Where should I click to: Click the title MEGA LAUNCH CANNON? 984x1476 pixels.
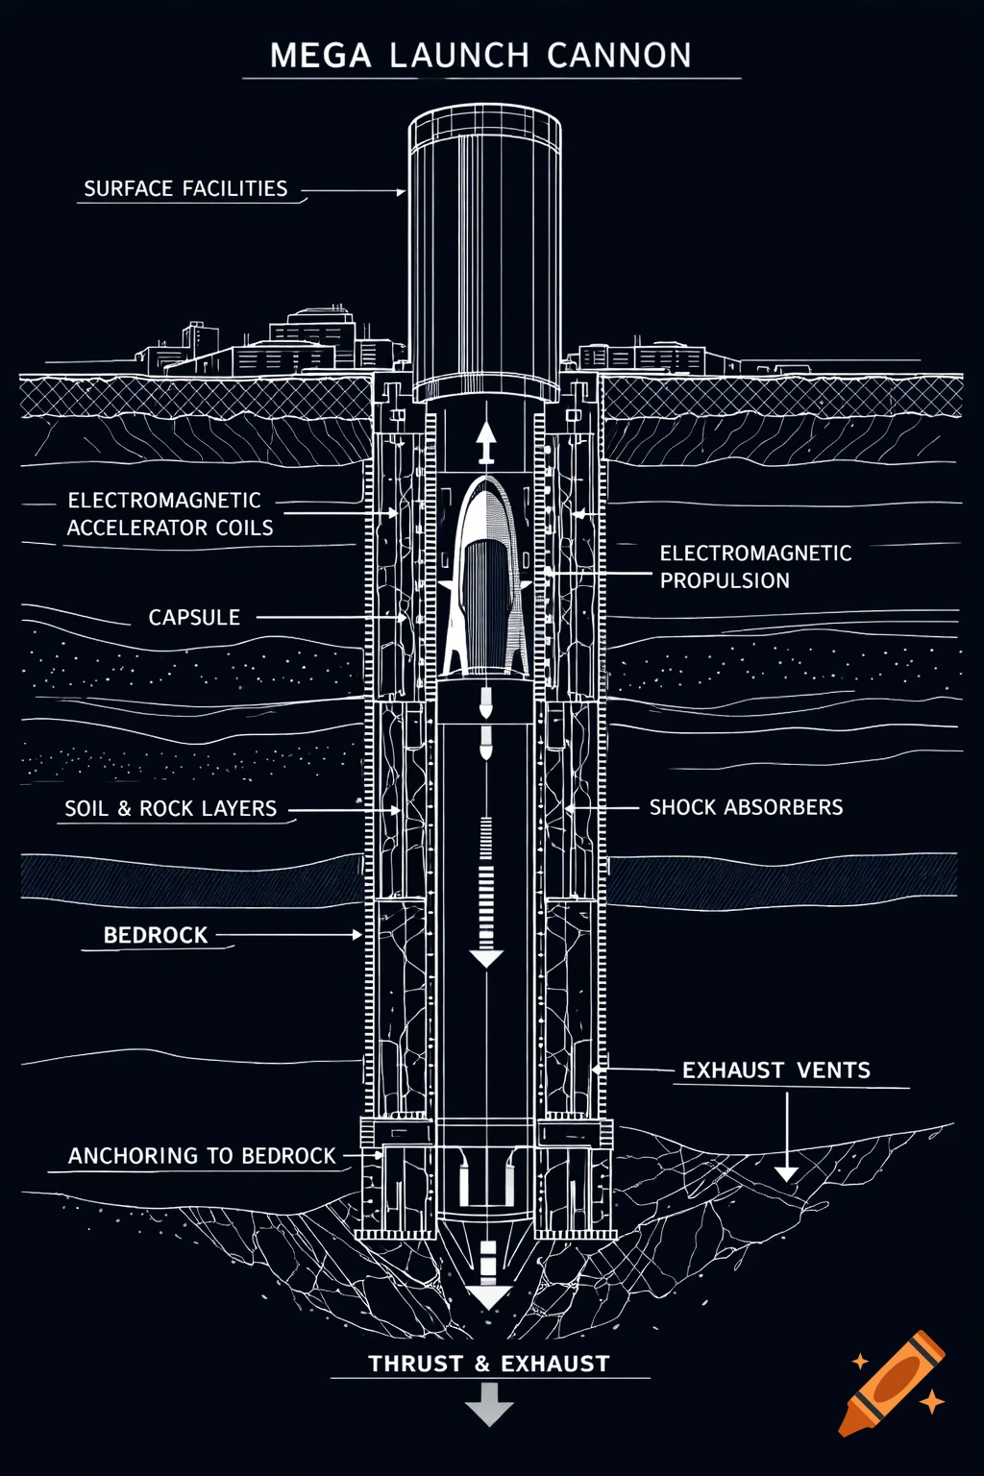480,56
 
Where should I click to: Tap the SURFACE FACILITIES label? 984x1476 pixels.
185,188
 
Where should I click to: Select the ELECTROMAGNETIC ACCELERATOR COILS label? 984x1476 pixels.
170,514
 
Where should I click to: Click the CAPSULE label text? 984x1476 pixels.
194,617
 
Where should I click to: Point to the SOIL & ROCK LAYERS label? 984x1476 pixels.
171,809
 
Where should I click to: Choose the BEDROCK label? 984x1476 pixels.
156,935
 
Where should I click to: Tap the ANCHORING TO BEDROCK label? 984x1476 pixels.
202,1156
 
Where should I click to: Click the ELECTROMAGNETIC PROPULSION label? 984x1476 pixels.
755,567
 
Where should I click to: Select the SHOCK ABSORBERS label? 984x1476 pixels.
747,807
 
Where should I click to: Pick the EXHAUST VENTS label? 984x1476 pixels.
776,1070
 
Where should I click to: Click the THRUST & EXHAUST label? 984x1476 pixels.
489,1364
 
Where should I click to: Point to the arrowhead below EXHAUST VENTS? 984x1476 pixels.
787,1172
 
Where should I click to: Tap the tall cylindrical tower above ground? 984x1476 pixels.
485,250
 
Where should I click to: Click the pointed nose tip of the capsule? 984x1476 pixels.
486,483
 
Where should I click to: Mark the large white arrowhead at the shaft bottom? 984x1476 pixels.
489,1297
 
